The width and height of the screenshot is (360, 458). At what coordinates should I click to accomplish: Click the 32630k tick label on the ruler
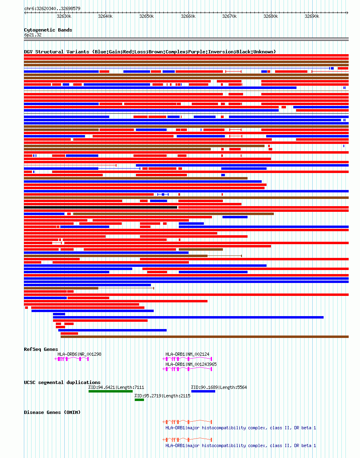tap(64, 17)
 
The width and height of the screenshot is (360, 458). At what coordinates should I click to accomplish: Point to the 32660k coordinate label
tap(188, 17)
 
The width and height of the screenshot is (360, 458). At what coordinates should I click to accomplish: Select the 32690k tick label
tap(312, 17)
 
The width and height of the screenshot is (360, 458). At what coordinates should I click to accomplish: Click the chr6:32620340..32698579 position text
tap(52, 8)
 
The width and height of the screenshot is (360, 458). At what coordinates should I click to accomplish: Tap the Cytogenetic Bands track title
tap(48, 30)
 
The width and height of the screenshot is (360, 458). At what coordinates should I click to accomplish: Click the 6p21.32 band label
tap(33, 35)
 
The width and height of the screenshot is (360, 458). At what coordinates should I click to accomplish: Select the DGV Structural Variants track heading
tap(150, 52)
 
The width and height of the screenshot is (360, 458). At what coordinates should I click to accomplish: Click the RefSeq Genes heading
tap(41, 349)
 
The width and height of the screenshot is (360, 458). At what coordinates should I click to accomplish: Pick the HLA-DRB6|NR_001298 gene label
tap(79, 354)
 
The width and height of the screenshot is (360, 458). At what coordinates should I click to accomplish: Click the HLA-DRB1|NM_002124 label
tap(187, 354)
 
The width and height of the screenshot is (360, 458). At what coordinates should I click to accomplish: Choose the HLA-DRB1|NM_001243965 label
tap(191, 364)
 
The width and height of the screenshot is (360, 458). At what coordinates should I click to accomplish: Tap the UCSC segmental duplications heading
tap(62, 382)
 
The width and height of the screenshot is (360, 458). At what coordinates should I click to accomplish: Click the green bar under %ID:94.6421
tap(110, 391)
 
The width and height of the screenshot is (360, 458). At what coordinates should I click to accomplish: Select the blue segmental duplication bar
tap(203, 391)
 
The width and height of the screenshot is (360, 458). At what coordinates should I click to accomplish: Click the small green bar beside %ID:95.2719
tap(139, 399)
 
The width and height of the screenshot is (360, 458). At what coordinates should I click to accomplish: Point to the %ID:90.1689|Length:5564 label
tap(219, 387)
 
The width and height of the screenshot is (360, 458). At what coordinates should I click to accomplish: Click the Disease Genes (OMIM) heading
tap(52, 412)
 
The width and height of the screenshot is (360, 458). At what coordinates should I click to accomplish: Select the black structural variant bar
tap(100, 207)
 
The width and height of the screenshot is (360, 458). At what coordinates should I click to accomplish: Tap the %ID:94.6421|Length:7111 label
tap(116, 387)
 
